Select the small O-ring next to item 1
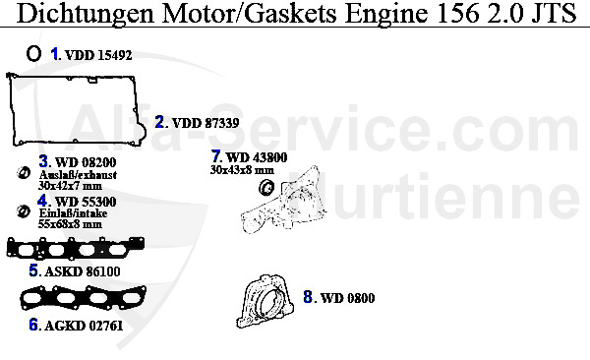coord(33,54)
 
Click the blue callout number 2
coord(160,122)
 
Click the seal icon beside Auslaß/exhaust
coord(24,175)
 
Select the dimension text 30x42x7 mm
coord(70,185)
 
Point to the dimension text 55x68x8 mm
coord(70,224)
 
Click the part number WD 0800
coord(348,297)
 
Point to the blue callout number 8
coord(308,296)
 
